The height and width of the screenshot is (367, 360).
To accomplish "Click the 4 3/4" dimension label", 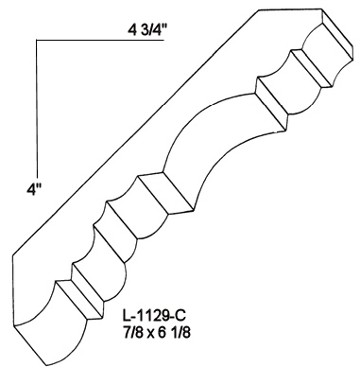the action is click(x=147, y=30).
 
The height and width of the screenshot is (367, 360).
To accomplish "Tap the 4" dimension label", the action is click(x=35, y=190).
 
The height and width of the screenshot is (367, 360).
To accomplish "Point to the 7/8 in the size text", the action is click(x=129, y=333).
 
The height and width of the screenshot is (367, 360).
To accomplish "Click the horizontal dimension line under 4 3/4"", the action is click(x=100, y=41).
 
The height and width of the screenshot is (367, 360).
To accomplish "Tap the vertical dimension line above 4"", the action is click(x=37, y=110).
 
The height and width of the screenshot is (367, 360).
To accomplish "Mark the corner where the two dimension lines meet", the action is click(x=37, y=41).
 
